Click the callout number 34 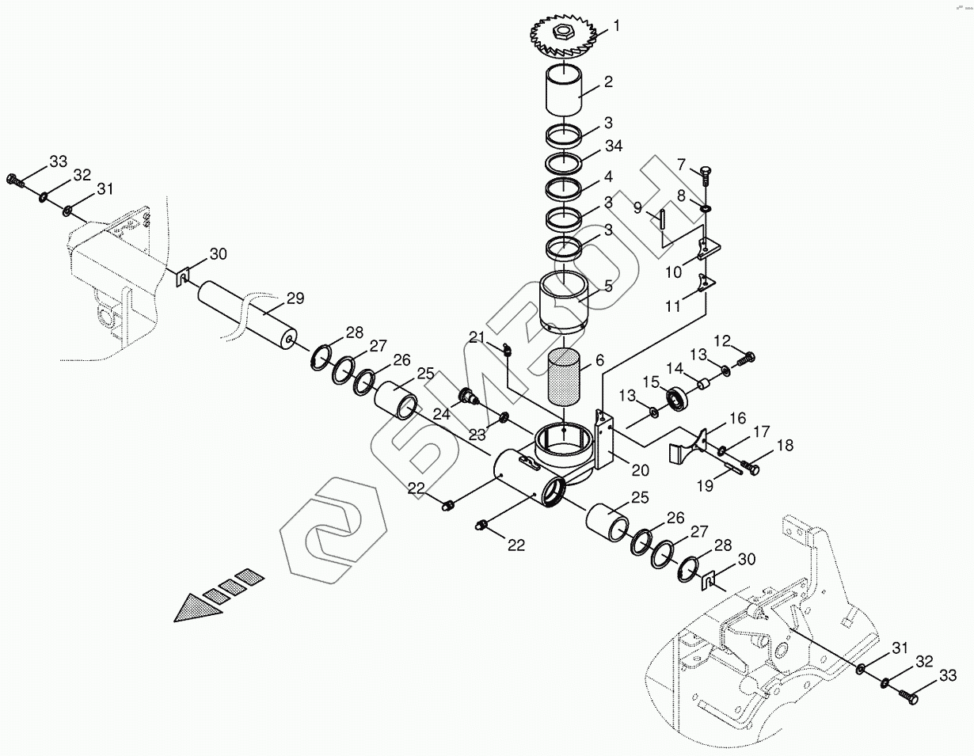tap(614, 146)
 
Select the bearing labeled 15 tap(678, 398)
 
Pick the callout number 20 tap(640, 470)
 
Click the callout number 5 tap(607, 286)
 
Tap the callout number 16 tap(737, 418)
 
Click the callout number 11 tap(673, 306)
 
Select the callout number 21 tap(476, 338)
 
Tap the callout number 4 tap(607, 176)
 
